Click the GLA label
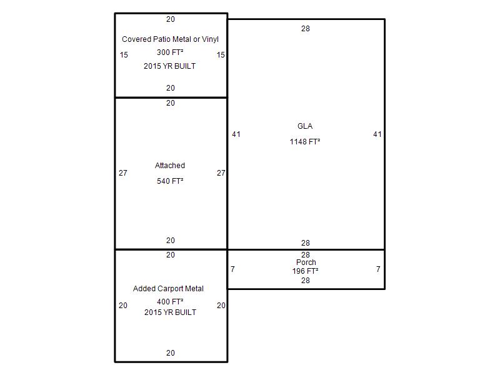click(x=305, y=126)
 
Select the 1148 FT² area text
click(x=305, y=142)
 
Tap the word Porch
click(x=306, y=262)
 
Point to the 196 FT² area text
click(x=305, y=271)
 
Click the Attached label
click(x=170, y=166)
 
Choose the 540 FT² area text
click(x=170, y=181)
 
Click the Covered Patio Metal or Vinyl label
click(x=170, y=39)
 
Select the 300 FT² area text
click(x=170, y=52)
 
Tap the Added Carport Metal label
click(x=168, y=289)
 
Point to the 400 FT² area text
click(x=170, y=302)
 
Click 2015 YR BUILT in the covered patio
click(x=170, y=66)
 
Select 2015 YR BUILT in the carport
click(x=170, y=312)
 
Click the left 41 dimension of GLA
click(x=236, y=134)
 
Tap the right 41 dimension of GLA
click(x=377, y=134)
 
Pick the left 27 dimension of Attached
click(x=123, y=173)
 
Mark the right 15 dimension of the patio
click(x=221, y=55)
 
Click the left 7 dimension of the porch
click(x=232, y=269)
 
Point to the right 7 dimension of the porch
click(x=378, y=269)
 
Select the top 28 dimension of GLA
click(x=306, y=29)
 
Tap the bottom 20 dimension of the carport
click(x=171, y=353)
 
